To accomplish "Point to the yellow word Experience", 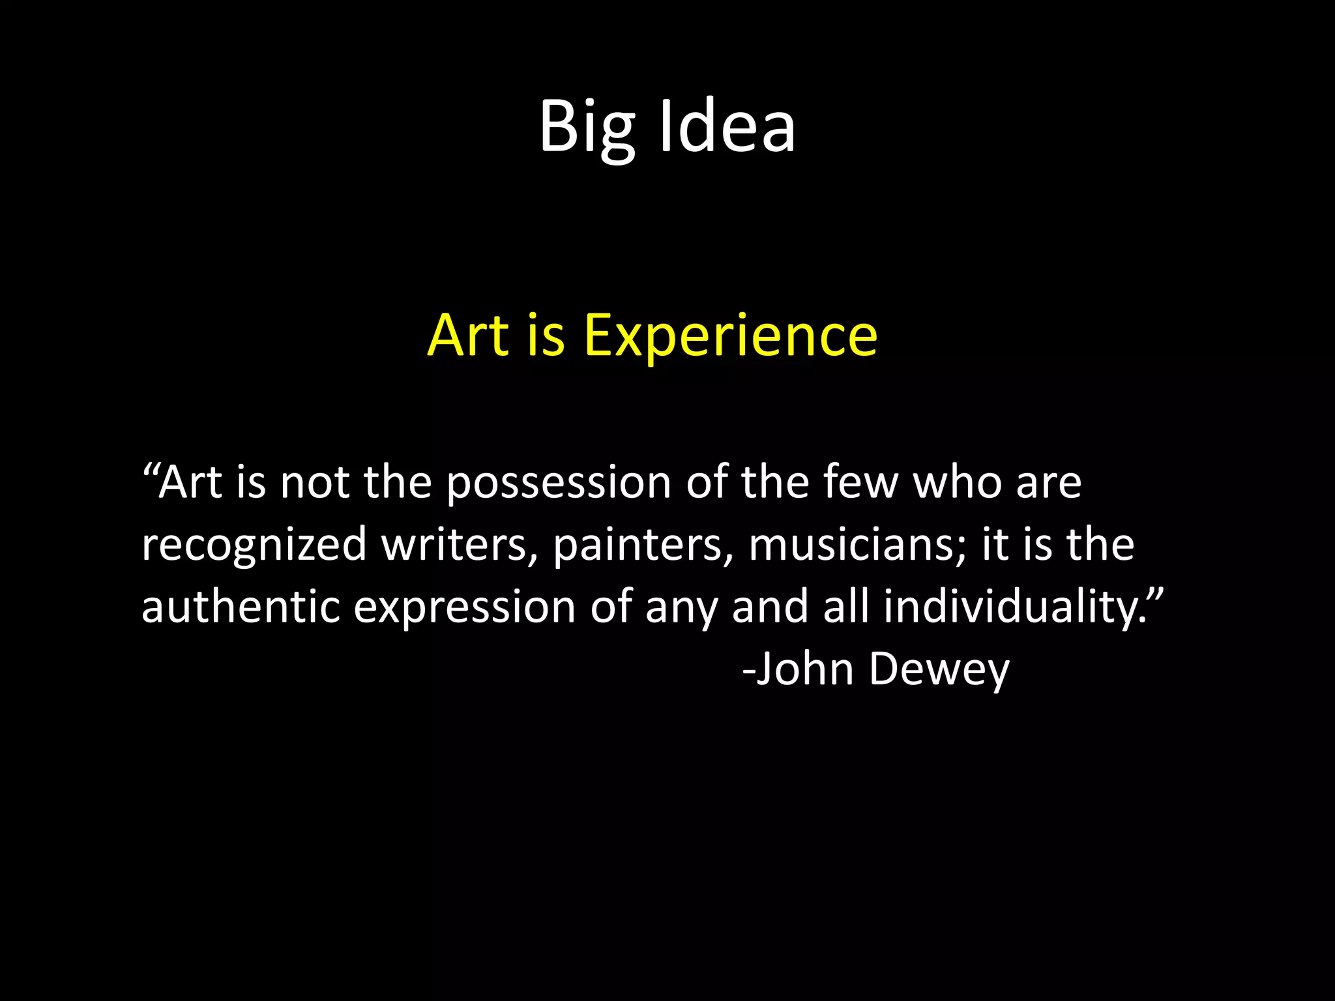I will click(730, 336).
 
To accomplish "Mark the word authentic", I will click(241, 606).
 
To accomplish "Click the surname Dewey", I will click(939, 670).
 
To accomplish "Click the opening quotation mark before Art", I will click(150, 471).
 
